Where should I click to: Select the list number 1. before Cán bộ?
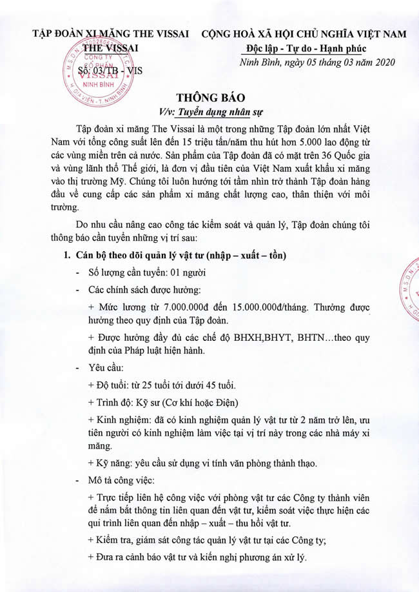(x=65, y=256)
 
